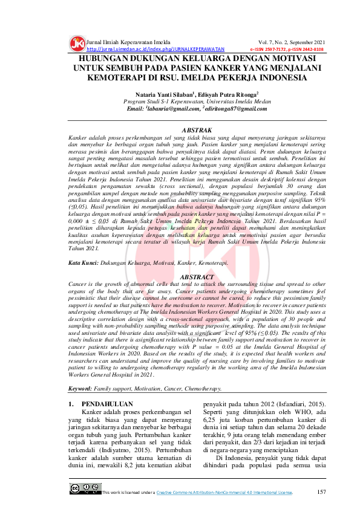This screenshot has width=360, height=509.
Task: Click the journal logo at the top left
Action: [x=77, y=44]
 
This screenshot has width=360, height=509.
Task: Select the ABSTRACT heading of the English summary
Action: [x=197, y=276]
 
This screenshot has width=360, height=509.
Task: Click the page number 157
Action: [x=321, y=491]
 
